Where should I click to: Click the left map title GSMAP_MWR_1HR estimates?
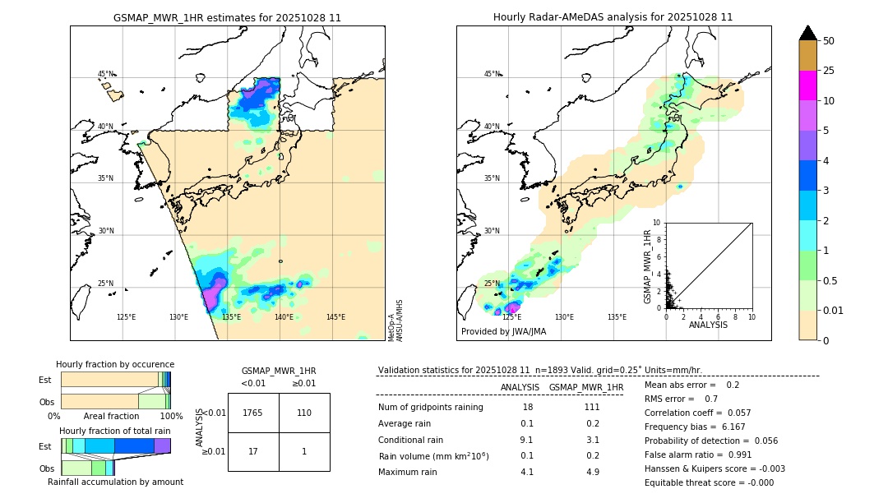(x=227, y=17)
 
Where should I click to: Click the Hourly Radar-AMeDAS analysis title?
(x=613, y=17)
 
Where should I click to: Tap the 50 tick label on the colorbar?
(x=829, y=41)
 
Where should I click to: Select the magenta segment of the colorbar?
(x=807, y=85)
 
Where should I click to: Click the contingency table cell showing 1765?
(x=253, y=413)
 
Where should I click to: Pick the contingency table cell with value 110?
(x=304, y=413)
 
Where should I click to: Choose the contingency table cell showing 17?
(x=253, y=451)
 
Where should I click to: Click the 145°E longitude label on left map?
(x=335, y=317)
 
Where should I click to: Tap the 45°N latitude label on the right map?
(x=492, y=74)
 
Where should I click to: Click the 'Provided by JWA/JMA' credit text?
(x=503, y=332)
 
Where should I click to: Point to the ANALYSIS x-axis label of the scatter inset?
(x=708, y=325)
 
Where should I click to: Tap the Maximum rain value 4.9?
(x=592, y=472)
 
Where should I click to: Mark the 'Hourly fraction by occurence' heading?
(x=115, y=364)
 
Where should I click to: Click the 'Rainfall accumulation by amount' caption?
(x=115, y=482)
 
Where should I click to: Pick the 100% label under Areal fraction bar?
(x=171, y=417)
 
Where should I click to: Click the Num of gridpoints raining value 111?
(x=592, y=408)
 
